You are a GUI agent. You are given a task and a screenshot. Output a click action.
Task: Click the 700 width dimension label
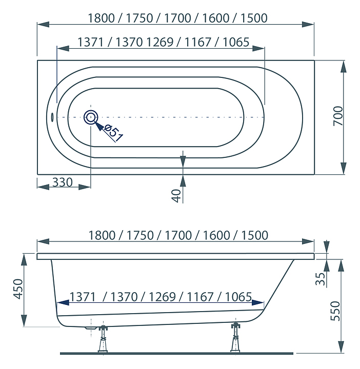click(338, 117)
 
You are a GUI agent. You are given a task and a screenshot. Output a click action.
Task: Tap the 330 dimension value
click(62, 182)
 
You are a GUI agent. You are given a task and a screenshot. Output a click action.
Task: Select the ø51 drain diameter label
click(114, 133)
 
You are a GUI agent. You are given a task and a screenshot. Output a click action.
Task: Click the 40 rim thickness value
click(175, 195)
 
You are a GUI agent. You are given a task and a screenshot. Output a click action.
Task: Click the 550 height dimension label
click(336, 311)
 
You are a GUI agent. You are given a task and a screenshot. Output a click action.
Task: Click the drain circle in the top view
click(91, 117)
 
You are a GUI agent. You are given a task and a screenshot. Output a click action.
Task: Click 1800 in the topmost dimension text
click(103, 18)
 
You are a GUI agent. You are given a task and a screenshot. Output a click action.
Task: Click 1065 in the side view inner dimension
click(238, 297)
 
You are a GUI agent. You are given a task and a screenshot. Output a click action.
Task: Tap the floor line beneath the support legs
click(177, 353)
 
